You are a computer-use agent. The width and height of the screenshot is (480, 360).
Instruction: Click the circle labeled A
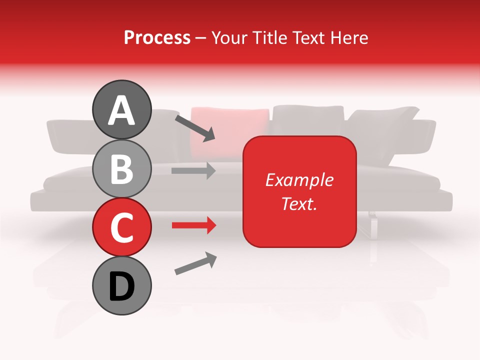point(121,109)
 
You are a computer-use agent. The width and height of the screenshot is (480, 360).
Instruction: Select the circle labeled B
point(121,168)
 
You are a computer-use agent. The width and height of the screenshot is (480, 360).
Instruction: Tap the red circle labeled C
point(121,227)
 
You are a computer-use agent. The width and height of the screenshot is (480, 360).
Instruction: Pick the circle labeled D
point(121,286)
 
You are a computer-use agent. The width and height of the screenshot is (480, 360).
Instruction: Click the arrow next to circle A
point(195,127)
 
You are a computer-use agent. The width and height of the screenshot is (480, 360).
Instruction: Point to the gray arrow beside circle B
point(193,170)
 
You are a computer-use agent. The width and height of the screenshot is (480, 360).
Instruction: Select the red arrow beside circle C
point(193,225)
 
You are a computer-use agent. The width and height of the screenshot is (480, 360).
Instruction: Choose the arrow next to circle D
point(195,263)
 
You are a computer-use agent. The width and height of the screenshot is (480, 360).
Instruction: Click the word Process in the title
point(157,37)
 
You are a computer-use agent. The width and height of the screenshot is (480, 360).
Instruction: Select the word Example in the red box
point(299,180)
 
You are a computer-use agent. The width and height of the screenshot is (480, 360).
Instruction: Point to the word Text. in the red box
point(299,203)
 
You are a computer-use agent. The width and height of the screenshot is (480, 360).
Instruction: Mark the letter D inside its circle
point(121,287)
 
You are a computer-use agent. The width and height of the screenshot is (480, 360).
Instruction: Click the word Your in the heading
point(230,37)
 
